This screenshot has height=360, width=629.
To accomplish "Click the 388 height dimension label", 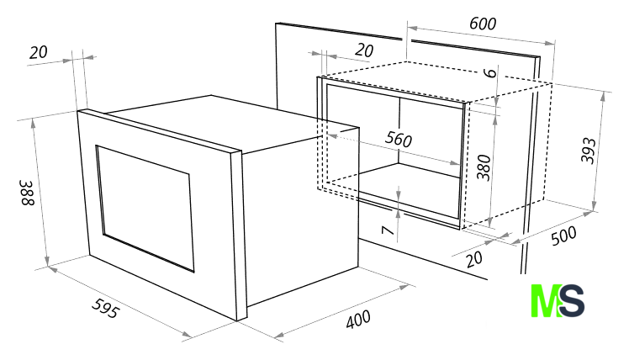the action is click(x=28, y=193).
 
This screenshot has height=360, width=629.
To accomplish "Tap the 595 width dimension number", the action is click(x=105, y=308).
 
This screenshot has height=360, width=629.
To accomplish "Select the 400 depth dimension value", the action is click(x=358, y=320).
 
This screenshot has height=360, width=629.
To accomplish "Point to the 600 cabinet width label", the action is click(x=483, y=24).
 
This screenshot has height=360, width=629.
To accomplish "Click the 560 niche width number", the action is click(x=399, y=139).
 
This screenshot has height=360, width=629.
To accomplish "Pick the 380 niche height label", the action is click(x=484, y=167).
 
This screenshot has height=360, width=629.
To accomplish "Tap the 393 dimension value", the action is click(x=589, y=151).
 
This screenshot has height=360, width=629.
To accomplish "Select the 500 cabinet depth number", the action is click(x=563, y=236).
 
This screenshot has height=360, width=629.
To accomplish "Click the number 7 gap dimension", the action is click(x=388, y=230).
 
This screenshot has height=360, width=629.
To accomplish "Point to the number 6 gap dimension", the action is click(x=489, y=72).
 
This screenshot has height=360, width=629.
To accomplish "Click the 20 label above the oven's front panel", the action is click(x=39, y=52).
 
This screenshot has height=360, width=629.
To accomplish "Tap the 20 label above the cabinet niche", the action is click(x=364, y=50).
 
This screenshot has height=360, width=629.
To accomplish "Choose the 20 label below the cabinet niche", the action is click(x=474, y=259).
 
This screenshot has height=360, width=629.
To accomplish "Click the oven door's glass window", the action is click(x=145, y=208).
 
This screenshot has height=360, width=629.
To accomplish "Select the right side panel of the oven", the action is click(x=301, y=217).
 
